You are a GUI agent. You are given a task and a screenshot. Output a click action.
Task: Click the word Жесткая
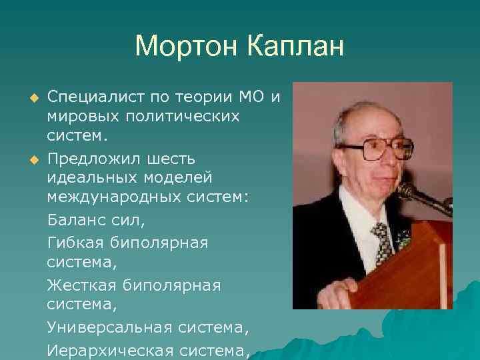tap(80, 285)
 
